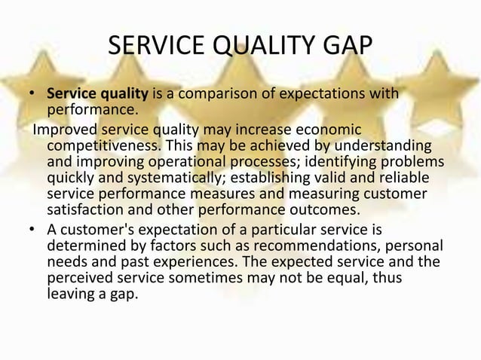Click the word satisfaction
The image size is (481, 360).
coord(83,209)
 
